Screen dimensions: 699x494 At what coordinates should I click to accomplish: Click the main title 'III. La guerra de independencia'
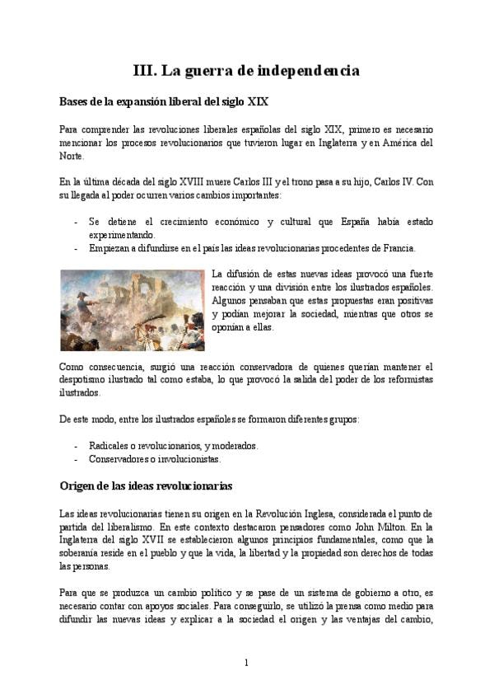pos(246,71)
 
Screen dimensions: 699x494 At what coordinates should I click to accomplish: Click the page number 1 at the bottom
pos(246,663)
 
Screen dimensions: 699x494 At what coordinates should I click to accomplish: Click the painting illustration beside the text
pos(133,310)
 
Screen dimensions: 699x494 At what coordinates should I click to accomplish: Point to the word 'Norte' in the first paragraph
pos(72,156)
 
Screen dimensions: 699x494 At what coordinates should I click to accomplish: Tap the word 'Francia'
pos(399,248)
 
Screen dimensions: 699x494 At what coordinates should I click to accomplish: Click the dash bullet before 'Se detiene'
pos(77,222)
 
